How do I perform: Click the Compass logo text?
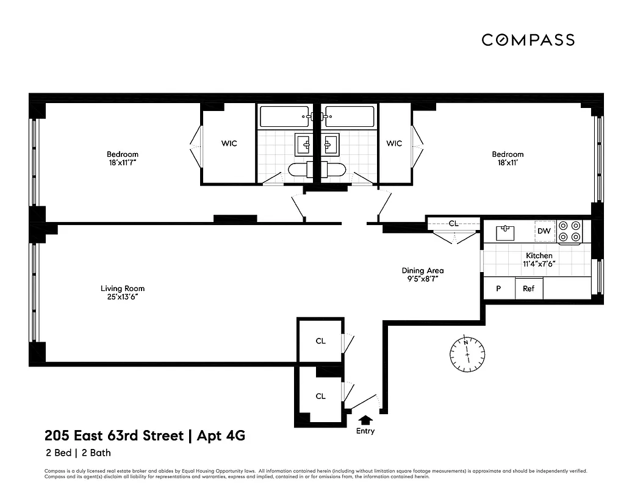tap(528, 40)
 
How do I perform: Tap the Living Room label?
tap(123, 289)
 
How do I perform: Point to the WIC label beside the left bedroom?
tap(229, 144)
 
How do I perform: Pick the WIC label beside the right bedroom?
tap(394, 144)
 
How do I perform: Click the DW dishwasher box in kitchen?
tap(544, 231)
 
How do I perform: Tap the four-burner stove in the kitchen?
tap(570, 231)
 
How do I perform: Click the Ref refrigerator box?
tap(528, 289)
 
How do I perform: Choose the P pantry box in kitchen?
tap(498, 289)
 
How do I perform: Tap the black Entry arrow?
tap(365, 420)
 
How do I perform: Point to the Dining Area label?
tap(422, 271)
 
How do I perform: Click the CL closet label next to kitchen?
tap(453, 223)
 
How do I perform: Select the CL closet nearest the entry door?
tap(320, 396)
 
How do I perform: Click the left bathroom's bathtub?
tap(285, 116)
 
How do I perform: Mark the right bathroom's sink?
tap(331, 144)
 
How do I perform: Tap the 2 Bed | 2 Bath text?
tap(77, 453)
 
